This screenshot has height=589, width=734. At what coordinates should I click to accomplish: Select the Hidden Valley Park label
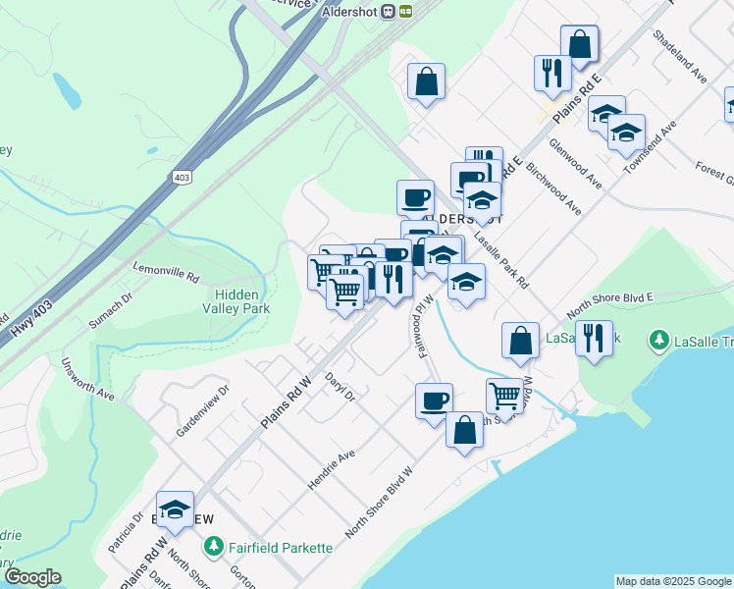pyautogui.click(x=242, y=299)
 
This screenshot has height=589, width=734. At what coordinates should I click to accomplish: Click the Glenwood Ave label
pyautogui.click(x=575, y=163)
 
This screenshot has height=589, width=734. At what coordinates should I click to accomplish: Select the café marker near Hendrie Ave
pyautogui.click(x=434, y=401)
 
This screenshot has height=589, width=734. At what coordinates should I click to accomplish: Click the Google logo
pyautogui.click(x=32, y=577)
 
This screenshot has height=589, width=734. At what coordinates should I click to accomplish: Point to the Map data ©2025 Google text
pyautogui.click(x=672, y=581)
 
